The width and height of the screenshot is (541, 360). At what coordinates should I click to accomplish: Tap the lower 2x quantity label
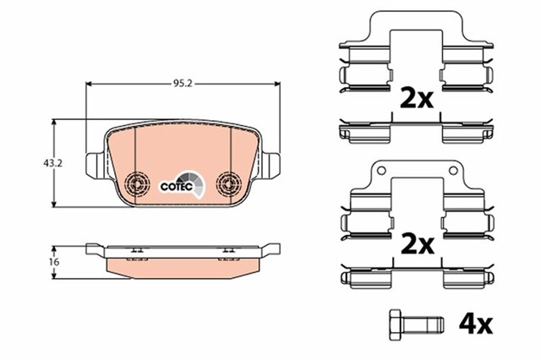(414, 245)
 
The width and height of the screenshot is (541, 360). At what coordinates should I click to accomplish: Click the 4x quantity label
(474, 323)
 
